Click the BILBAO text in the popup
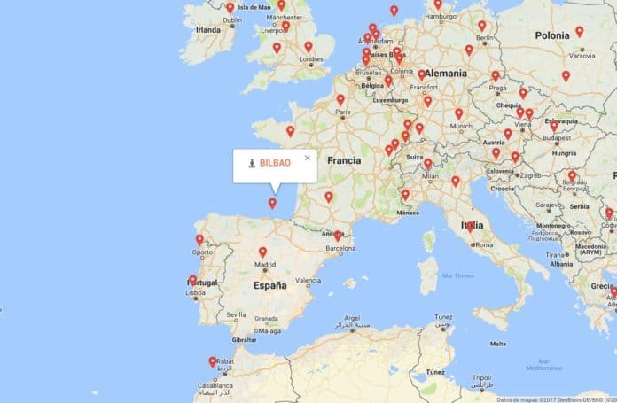pyautogui.click(x=275, y=164)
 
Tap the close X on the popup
pyautogui.click(x=308, y=158)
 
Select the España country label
pyautogui.click(x=269, y=286)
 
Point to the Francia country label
pyautogui.click(x=342, y=162)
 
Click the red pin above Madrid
pyautogui.click(x=262, y=252)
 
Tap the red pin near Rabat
pyautogui.click(x=213, y=361)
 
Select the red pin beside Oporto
pyautogui.click(x=199, y=239)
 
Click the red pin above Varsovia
pyautogui.click(x=579, y=32)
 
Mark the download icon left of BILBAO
pyautogui.click(x=252, y=164)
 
